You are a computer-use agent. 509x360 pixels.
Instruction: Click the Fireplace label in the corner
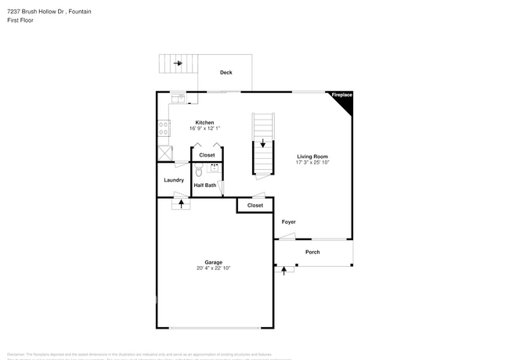(x=341, y=95)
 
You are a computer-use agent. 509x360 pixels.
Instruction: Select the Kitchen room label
(x=204, y=122)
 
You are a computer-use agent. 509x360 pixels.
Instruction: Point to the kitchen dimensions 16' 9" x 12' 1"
(x=204, y=128)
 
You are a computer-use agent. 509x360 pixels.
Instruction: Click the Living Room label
(x=312, y=157)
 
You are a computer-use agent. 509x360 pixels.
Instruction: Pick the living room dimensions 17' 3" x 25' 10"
(x=312, y=163)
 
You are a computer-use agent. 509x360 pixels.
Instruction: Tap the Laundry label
(x=173, y=180)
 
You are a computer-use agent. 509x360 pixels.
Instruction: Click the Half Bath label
(x=205, y=185)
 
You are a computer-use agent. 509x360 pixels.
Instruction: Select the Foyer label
(x=289, y=222)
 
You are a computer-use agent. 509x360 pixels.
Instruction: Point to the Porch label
(x=312, y=252)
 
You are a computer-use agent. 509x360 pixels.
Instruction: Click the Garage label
(x=214, y=262)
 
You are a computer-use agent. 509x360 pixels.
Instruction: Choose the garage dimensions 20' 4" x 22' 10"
(x=214, y=268)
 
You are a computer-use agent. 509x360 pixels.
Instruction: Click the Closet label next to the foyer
(x=255, y=205)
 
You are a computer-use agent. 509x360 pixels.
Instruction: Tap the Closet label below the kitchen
(x=207, y=155)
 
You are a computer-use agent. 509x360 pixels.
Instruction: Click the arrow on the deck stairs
(x=179, y=63)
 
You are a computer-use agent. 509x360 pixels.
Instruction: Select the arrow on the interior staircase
(x=263, y=144)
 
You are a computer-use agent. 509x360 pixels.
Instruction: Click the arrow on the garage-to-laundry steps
(x=182, y=203)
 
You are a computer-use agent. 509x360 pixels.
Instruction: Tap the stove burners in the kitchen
(x=164, y=128)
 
